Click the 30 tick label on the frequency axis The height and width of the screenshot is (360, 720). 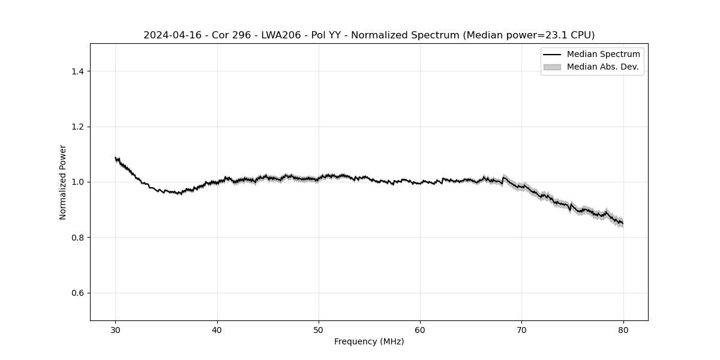(116, 329)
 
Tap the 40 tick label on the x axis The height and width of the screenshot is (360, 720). (217, 329)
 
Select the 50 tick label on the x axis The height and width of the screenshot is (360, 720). (319, 329)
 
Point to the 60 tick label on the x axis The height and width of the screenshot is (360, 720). (420, 329)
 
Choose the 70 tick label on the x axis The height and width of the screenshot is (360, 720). (521, 329)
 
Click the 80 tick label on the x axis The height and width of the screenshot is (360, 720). (623, 329)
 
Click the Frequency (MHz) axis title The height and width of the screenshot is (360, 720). (369, 341)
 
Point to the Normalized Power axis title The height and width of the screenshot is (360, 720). (63, 182)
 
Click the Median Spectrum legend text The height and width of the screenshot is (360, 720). (603, 55)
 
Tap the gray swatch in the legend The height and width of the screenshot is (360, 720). (552, 67)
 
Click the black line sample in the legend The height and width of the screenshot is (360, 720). (552, 55)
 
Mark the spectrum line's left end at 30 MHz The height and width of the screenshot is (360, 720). (116, 158)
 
